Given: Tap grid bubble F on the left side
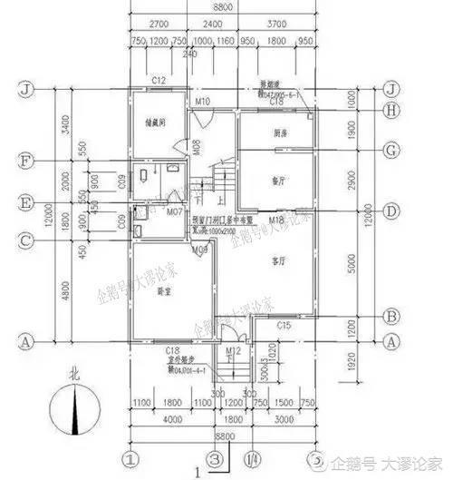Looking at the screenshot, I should coord(29,163).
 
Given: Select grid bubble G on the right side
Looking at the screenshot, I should coord(391,149).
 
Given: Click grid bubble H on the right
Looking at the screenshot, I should coord(391,112).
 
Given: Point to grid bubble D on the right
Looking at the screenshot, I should coord(391,211).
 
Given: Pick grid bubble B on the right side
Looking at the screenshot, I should coord(391,317).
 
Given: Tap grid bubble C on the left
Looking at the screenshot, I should coord(29,240).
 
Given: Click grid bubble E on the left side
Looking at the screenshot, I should coord(29,203).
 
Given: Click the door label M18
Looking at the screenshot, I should coord(277,220).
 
